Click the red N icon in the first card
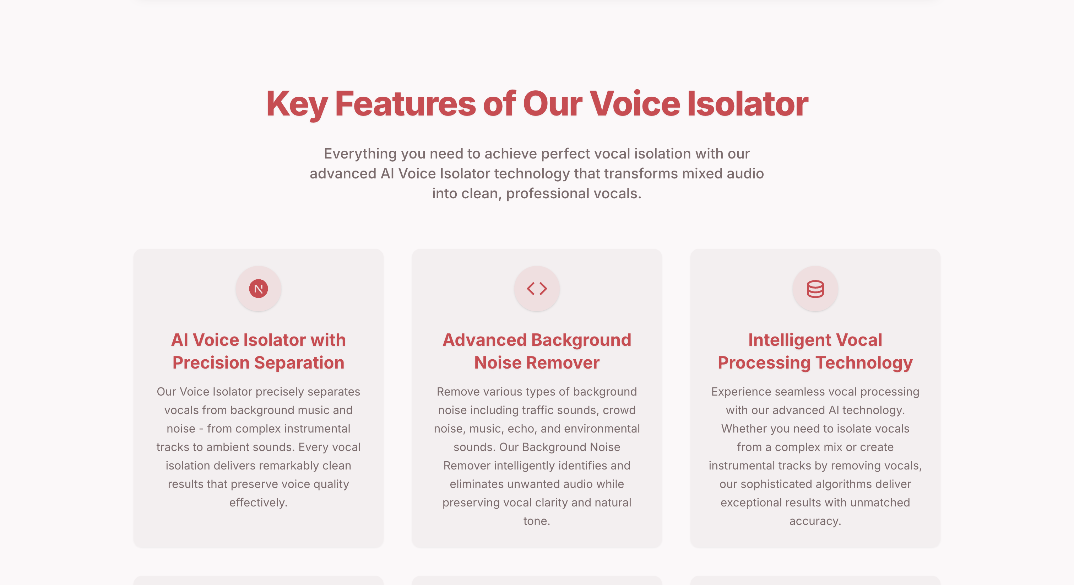[259, 288]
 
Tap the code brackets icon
[537, 288]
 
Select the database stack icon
[815, 288]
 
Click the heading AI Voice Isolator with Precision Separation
[259, 351]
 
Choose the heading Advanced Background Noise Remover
[537, 351]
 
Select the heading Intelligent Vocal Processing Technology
[815, 351]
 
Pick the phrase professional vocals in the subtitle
[573, 194]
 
